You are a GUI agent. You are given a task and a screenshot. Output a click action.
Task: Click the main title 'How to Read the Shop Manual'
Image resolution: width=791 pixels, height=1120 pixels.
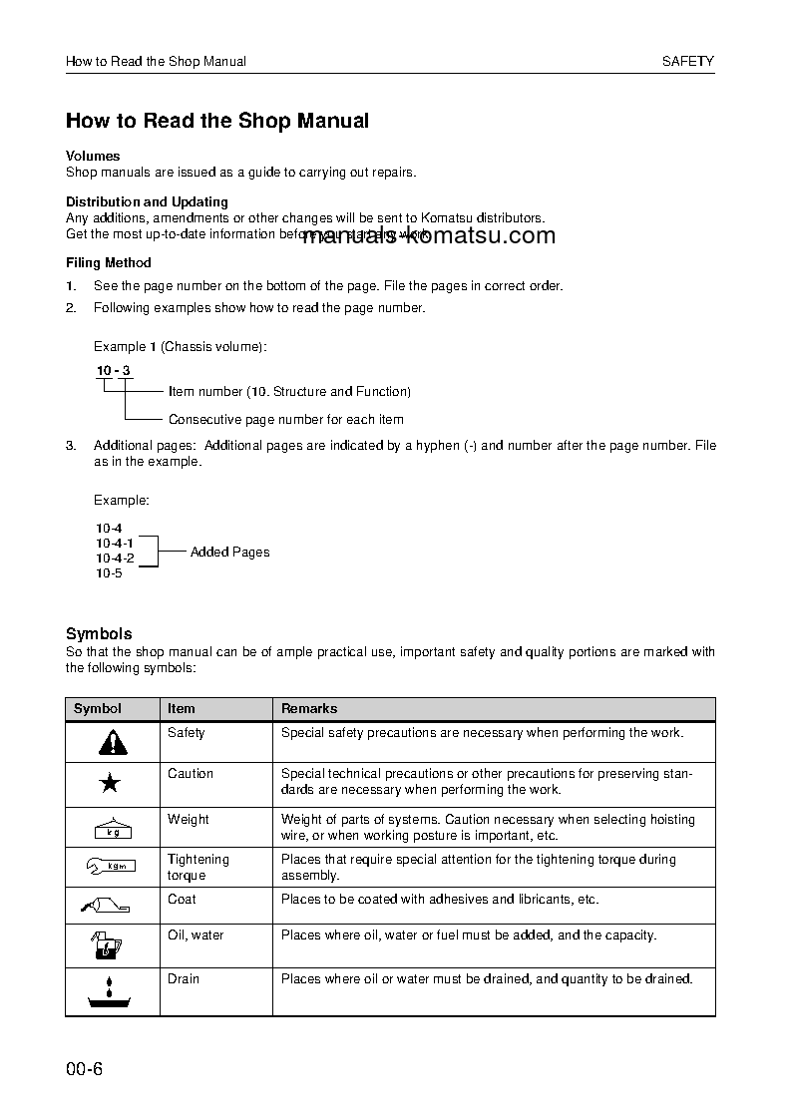pyautogui.click(x=217, y=121)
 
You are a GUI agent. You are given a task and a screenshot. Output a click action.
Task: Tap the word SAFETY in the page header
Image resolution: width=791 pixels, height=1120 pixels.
pyautogui.click(x=688, y=61)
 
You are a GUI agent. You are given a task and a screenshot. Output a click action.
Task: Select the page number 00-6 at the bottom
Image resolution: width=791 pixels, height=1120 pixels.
pyautogui.click(x=85, y=1070)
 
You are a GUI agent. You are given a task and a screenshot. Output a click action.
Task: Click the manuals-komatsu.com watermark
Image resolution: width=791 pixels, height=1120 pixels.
pyautogui.click(x=428, y=235)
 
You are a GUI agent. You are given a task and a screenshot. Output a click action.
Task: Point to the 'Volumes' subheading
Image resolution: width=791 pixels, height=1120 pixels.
pyautogui.click(x=93, y=156)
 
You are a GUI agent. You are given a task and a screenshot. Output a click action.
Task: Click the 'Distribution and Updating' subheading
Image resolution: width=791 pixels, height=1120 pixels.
pyautogui.click(x=147, y=201)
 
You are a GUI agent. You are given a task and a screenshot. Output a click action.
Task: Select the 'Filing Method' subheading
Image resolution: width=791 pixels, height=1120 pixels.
pyautogui.click(x=109, y=263)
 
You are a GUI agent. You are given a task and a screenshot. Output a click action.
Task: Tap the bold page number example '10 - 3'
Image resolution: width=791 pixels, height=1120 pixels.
pyautogui.click(x=113, y=371)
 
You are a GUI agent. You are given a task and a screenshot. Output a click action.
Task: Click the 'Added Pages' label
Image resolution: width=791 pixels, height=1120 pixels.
pyautogui.click(x=229, y=552)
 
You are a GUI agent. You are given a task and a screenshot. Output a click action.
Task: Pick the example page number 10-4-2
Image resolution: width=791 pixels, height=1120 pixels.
pyautogui.click(x=115, y=559)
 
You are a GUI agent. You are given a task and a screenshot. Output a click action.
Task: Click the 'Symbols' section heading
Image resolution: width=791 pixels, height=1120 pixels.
pyautogui.click(x=99, y=633)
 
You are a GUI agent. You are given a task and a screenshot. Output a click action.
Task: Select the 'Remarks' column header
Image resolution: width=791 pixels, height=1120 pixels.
pyautogui.click(x=309, y=709)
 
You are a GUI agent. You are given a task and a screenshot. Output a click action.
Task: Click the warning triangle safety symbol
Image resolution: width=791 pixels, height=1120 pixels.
pyautogui.click(x=113, y=742)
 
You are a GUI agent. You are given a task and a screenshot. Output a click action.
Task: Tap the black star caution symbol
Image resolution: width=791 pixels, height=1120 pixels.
pyautogui.click(x=112, y=784)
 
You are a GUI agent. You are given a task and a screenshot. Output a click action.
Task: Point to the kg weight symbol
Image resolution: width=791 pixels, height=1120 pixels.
pyautogui.click(x=112, y=828)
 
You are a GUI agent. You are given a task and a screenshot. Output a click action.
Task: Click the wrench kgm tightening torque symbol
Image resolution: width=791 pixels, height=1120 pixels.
pyautogui.click(x=112, y=867)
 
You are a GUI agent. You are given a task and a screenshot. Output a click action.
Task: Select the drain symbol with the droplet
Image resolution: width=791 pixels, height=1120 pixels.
pyautogui.click(x=112, y=993)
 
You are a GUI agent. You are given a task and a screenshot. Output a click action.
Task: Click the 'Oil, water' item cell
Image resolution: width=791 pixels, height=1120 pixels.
pyautogui.click(x=196, y=935)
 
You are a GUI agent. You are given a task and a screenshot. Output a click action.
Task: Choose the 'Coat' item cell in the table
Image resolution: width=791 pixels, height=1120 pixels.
pyautogui.click(x=182, y=900)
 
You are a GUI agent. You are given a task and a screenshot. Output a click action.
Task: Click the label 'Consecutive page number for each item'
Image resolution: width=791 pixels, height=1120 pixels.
pyautogui.click(x=286, y=420)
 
